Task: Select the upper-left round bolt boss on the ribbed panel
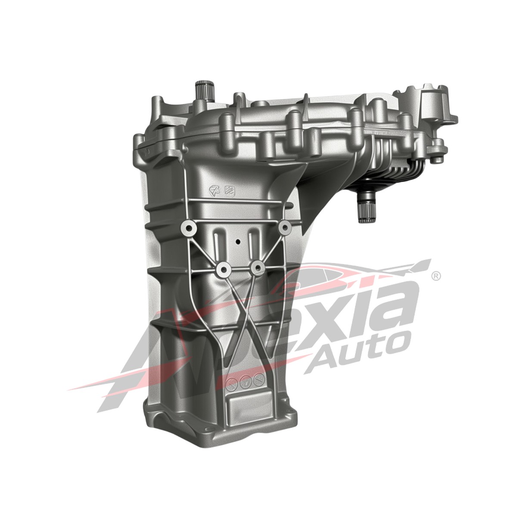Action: pyautogui.click(x=188, y=227)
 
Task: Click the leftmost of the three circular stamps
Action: pyautogui.click(x=232, y=381)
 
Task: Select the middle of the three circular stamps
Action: pyautogui.click(x=246, y=380)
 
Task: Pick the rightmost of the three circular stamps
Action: pyautogui.click(x=258, y=380)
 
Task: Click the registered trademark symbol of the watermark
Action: pyautogui.click(x=436, y=275)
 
